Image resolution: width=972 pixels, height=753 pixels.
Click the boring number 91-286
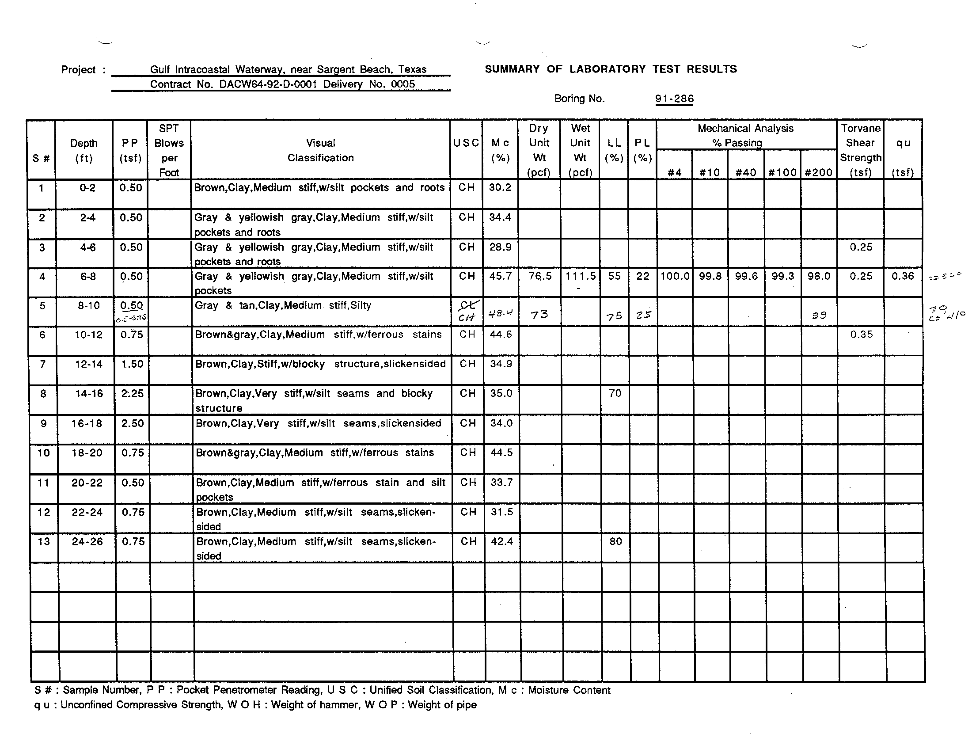click(674, 99)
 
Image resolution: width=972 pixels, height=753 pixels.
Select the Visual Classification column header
click(320, 150)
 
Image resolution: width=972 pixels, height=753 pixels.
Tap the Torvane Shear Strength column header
click(860, 150)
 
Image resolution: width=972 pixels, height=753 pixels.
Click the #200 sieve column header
click(818, 173)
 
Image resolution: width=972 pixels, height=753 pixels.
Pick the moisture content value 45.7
click(500, 276)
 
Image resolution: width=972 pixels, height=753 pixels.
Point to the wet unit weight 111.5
click(580, 276)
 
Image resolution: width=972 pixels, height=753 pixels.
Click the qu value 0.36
click(903, 276)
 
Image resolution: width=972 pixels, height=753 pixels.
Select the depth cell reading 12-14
click(88, 364)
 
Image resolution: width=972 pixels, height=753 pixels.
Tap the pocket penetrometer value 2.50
click(133, 423)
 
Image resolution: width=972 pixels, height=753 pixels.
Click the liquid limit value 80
click(615, 542)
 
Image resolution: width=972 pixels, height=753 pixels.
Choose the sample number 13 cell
click(44, 542)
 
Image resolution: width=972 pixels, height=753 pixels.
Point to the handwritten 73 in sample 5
click(539, 315)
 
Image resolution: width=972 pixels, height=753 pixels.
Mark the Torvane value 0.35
click(861, 335)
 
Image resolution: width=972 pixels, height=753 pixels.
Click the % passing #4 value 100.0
click(675, 276)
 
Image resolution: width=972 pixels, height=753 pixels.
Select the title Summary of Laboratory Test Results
click(611, 69)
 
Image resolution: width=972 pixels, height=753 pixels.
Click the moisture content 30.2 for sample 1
click(500, 188)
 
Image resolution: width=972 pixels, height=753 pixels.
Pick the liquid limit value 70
click(615, 393)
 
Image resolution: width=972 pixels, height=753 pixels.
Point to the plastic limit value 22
click(643, 276)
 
